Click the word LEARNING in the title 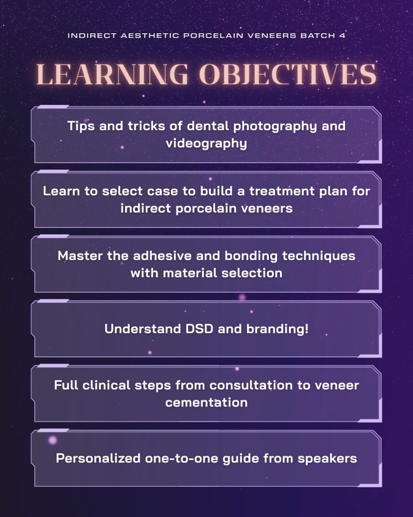pyautogui.click(x=112, y=74)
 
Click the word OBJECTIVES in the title pyautogui.click(x=288, y=74)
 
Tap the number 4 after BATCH pyautogui.click(x=342, y=36)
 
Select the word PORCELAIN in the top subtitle pyautogui.click(x=213, y=36)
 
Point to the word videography pyautogui.click(x=206, y=143)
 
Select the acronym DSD pyautogui.click(x=199, y=329)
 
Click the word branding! pyautogui.click(x=277, y=329)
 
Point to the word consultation pyautogui.click(x=251, y=385)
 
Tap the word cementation pyautogui.click(x=206, y=402)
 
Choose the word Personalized pyautogui.click(x=98, y=458)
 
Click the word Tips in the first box pyautogui.click(x=81, y=126)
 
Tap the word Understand pyautogui.click(x=143, y=329)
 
